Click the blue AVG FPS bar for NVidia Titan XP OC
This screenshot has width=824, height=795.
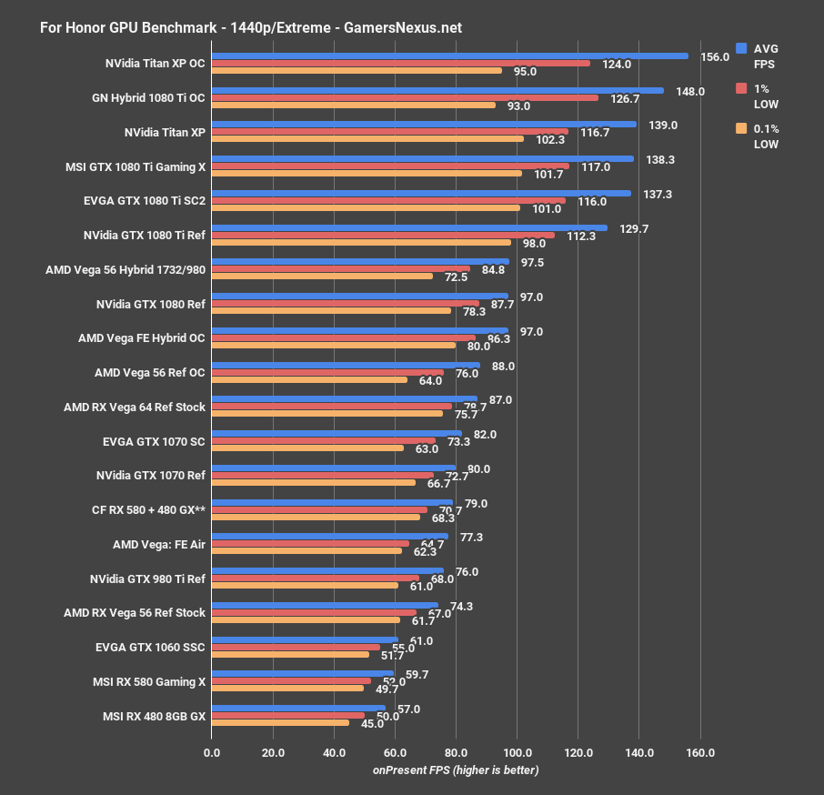point(449,55)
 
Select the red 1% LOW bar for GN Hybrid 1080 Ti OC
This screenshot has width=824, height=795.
point(405,97)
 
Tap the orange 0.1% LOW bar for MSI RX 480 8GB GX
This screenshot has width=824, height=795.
point(280,723)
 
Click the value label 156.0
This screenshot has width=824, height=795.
point(715,56)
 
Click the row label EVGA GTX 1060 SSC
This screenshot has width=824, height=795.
point(150,647)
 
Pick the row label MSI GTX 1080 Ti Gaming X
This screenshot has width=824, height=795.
point(136,166)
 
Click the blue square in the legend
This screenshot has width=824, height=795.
point(741,48)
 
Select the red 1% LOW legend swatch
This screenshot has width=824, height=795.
point(741,88)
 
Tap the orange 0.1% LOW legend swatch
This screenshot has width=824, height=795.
point(741,128)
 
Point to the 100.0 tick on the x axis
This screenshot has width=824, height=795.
point(517,752)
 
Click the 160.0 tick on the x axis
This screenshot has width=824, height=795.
point(700,752)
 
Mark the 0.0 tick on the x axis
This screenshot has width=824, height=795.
point(212,752)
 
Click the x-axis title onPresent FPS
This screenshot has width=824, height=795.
point(455,770)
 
